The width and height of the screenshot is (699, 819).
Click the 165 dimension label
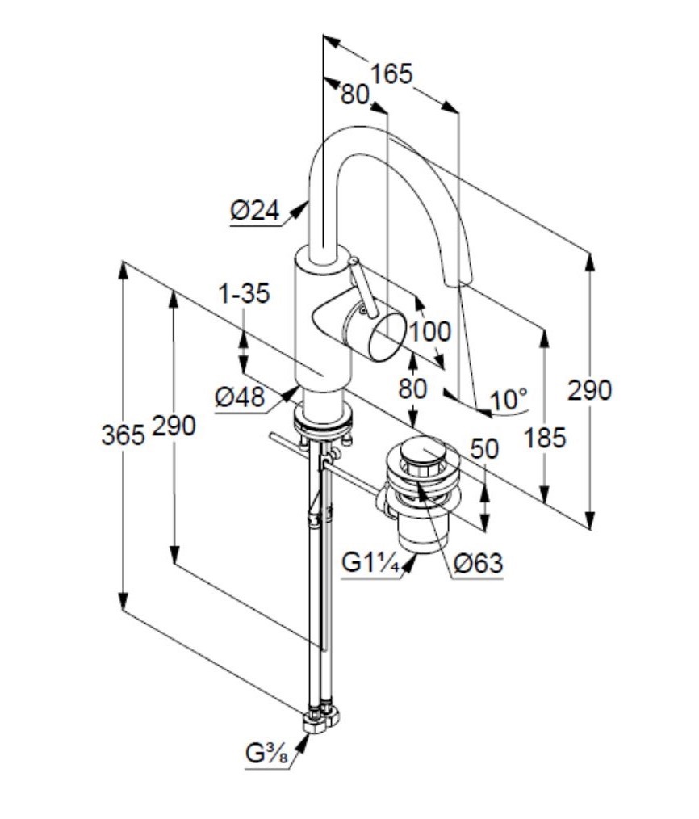(391, 73)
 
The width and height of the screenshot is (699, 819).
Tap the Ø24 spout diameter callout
(255, 211)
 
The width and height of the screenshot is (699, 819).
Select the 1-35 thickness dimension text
(244, 293)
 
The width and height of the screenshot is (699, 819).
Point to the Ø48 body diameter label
(241, 397)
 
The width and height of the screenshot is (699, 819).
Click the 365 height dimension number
(123, 435)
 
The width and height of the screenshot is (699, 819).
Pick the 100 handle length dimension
(429, 331)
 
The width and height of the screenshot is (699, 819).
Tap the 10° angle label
(509, 400)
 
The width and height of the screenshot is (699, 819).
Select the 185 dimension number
(545, 438)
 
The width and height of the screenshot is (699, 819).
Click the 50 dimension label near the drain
(484, 449)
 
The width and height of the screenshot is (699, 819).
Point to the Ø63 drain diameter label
(479, 563)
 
